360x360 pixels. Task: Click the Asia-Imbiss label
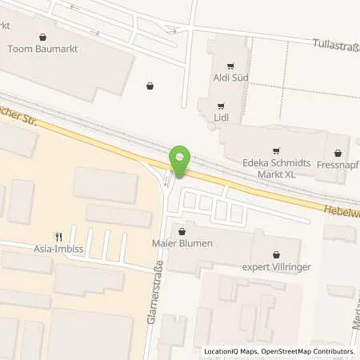coord(58,247)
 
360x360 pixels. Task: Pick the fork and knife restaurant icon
coord(58,236)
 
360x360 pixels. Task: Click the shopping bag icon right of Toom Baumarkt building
coord(150,85)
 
